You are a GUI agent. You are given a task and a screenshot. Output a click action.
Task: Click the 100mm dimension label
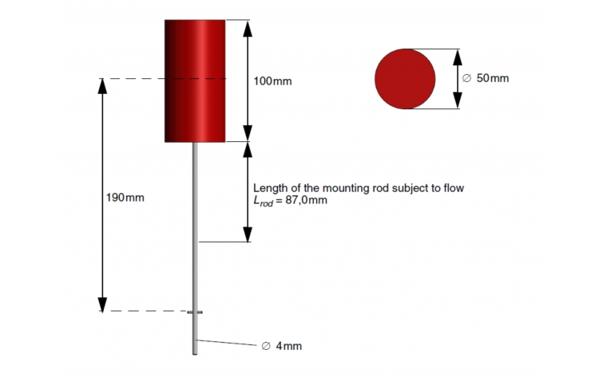coord(272,81)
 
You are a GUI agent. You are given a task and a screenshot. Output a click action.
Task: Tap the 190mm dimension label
coord(125,198)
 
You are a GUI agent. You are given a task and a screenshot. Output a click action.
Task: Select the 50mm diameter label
coord(486,78)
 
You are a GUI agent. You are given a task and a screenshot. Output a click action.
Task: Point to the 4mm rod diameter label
coord(281,346)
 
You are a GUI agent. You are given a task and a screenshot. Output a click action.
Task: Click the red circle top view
coord(405,79)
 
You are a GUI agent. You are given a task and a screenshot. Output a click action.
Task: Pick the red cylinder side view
coord(195,81)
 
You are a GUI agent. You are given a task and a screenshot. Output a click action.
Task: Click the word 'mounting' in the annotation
coord(346,188)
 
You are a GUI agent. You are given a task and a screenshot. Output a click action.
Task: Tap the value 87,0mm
coord(306,200)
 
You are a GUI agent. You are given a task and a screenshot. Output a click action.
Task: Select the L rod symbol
coord(263,201)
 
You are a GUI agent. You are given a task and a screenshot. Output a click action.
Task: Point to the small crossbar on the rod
coord(195,312)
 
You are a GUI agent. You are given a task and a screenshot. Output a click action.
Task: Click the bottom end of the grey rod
coord(195,354)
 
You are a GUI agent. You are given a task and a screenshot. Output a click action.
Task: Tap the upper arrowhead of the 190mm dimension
coord(102,86)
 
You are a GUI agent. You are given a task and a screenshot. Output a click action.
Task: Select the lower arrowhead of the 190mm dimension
coord(102,304)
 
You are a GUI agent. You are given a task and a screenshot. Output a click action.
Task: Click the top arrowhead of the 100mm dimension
coord(248,28)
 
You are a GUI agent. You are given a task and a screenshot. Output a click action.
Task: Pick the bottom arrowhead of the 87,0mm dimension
coord(248,234)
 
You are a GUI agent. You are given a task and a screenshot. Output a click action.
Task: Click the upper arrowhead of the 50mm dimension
coord(458,57)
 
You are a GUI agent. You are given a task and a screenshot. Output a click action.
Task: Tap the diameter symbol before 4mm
coord(266,346)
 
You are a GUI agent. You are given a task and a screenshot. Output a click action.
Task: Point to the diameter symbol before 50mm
coord(466,78)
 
